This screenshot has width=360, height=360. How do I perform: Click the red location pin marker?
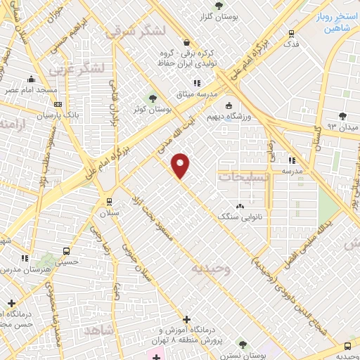pos(181,165)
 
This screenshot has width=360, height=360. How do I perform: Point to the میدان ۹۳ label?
pos(342,127)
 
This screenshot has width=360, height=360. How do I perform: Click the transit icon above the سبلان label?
pos(109,200)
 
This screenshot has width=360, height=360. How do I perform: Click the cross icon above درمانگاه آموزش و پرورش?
pos(187,319)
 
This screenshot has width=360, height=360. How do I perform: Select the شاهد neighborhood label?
pos(98,330)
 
